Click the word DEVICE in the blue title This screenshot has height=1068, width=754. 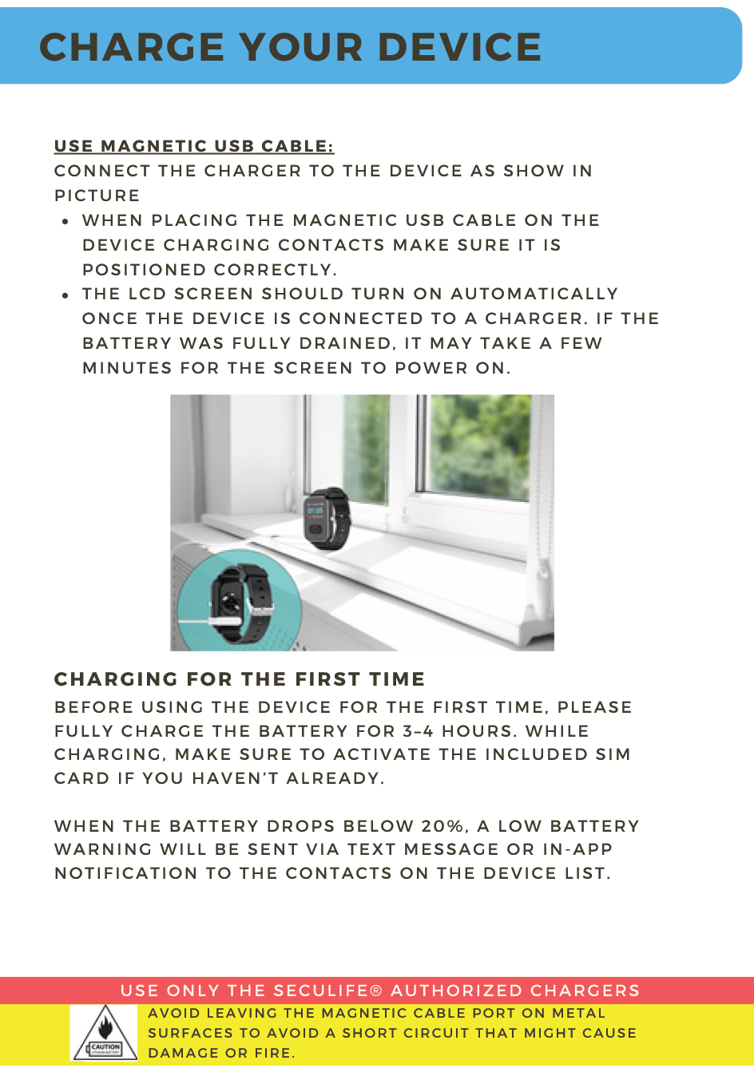[459, 48]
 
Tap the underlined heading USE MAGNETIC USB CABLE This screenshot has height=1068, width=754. [194, 147]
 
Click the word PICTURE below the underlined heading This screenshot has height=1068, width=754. [97, 196]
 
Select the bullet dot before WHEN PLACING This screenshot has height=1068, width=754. [66, 222]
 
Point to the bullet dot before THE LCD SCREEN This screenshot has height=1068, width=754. [66, 295]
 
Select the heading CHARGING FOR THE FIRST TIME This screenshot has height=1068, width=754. [240, 680]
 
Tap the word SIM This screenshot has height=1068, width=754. [613, 755]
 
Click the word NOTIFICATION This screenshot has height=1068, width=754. [125, 874]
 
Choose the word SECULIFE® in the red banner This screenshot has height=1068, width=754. [328, 991]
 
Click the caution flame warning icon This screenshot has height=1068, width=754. [105, 1033]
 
